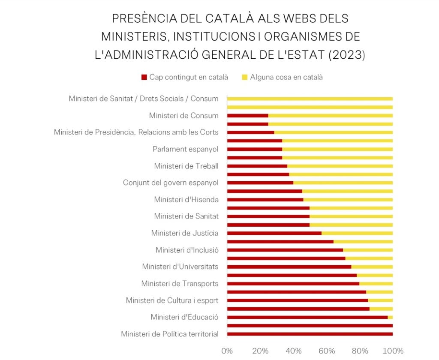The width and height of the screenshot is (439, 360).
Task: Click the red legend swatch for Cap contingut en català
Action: click(144, 78)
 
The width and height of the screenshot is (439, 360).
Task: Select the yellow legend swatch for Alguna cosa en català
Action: click(245, 78)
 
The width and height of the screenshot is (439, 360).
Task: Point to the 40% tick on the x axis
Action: click(293, 351)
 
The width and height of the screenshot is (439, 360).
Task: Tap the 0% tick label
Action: click(227, 351)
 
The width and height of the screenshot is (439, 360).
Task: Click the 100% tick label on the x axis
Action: click(393, 351)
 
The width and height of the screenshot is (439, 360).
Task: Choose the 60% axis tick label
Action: click(326, 351)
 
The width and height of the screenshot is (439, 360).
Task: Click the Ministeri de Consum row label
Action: click(183, 116)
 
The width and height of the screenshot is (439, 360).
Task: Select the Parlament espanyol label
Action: click(185, 149)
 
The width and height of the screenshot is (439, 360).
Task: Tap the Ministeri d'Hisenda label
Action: click(186, 200)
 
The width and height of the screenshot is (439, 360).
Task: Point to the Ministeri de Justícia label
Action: click(185, 233)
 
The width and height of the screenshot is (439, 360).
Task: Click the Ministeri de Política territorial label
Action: click(169, 334)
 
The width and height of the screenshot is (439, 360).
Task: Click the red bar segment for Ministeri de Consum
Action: click(247, 116)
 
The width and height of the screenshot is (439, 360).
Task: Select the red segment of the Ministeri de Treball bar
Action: click(257, 166)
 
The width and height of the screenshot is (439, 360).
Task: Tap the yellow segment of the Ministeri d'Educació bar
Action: click(390, 317)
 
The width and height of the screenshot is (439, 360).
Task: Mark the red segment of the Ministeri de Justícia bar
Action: click(274, 233)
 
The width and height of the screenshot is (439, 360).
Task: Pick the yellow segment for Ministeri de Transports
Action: click(376, 284)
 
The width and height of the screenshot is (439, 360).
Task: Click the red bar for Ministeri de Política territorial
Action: click(310, 334)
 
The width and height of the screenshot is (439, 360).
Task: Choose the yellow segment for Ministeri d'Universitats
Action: click(372, 267)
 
